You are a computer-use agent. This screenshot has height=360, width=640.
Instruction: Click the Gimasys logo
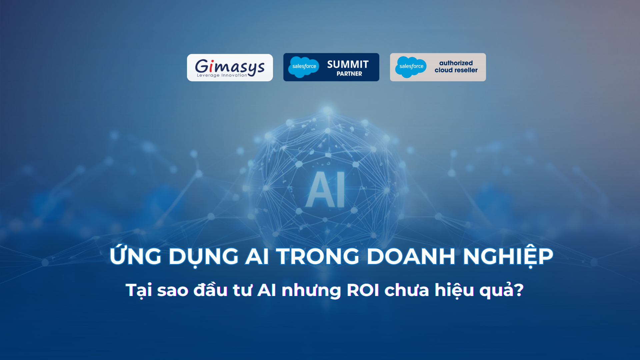230,68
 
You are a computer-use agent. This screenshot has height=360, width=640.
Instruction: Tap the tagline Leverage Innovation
222,75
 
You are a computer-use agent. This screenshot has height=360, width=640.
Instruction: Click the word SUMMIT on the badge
348,64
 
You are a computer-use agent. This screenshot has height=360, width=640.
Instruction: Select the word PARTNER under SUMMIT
349,74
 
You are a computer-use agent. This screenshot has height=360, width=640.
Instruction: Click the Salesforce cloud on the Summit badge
304,67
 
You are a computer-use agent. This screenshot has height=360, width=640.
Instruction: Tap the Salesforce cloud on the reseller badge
411,67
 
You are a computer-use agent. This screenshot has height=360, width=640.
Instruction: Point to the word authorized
456,63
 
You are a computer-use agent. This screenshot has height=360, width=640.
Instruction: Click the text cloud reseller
456,70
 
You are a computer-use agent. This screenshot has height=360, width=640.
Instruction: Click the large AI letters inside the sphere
325,189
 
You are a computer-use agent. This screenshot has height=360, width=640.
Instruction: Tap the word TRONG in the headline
317,256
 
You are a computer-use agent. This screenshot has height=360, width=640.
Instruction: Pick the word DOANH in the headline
411,256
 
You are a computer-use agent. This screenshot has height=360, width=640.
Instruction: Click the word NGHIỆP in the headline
508,256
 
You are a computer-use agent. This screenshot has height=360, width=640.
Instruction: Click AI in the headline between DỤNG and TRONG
257,256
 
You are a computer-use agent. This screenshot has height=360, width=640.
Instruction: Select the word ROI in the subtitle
363,290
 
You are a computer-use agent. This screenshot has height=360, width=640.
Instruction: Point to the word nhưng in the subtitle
311,291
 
